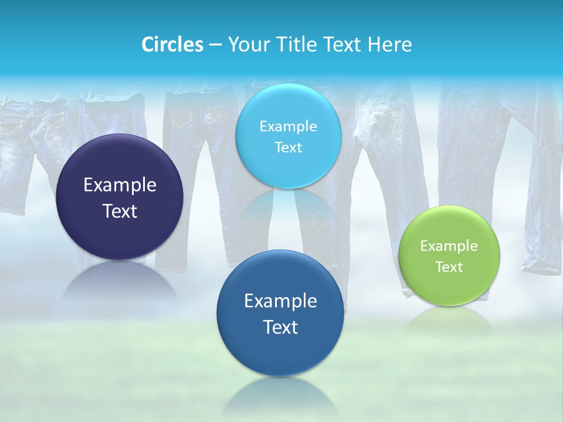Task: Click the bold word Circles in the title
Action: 172,45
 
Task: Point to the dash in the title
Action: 215,45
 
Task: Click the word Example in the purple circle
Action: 120,185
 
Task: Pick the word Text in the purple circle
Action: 120,211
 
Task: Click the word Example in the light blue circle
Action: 288,126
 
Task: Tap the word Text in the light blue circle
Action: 288,147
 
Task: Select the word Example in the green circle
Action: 449,246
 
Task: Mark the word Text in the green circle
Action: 449,267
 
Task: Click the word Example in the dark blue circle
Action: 280,301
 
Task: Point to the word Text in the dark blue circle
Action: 280,326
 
